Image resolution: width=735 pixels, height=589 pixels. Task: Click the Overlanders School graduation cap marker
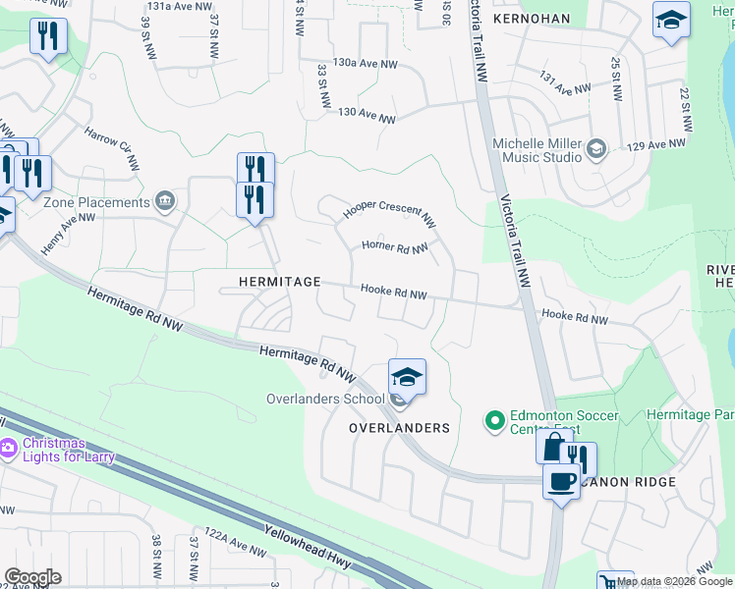(407, 376)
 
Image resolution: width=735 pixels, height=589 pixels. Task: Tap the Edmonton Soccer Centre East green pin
(494, 422)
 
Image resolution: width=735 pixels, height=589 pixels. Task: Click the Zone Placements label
(96, 202)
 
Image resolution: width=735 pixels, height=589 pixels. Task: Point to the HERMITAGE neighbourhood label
(280, 282)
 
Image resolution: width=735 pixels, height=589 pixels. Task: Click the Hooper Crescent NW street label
(388, 212)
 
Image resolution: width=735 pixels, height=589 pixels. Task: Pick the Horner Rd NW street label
(394, 247)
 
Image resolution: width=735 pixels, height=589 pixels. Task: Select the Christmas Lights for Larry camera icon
(9, 449)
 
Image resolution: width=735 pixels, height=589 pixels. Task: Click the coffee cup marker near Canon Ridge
(562, 482)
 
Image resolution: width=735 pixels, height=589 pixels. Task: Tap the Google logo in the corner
(32, 577)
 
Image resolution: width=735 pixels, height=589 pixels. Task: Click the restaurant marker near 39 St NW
(48, 36)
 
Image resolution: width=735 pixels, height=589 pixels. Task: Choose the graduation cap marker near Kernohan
(672, 20)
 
